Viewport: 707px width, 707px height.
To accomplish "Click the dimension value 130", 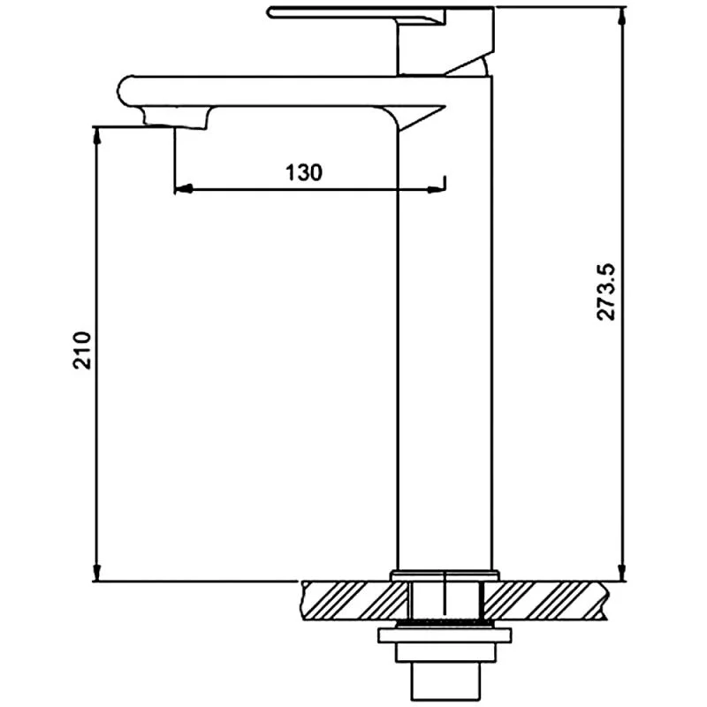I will click(303, 172).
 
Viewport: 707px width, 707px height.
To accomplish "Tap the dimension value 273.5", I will click(606, 292).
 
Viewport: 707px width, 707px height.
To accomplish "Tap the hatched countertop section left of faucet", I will click(345, 599).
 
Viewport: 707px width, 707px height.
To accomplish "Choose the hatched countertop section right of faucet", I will click(548, 599).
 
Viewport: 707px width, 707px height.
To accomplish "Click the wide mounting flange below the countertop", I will click(445, 635).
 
